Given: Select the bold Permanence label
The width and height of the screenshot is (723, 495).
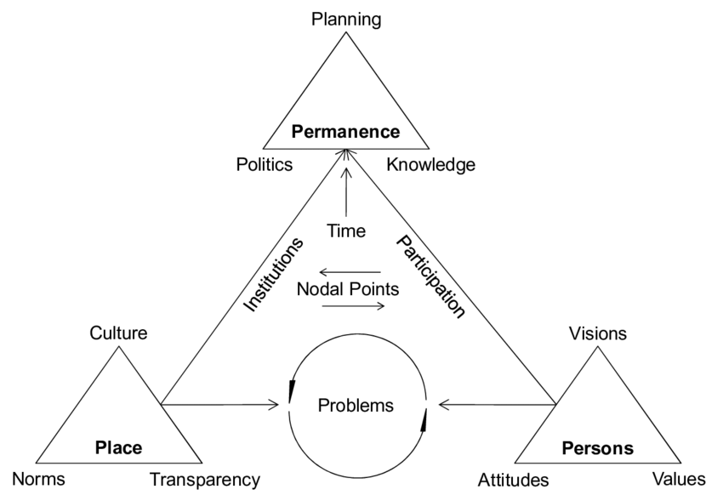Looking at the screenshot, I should pyautogui.click(x=345, y=132).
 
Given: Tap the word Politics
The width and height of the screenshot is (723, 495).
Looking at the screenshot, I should pyautogui.click(x=265, y=165).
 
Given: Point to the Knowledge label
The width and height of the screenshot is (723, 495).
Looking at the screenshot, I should pyautogui.click(x=431, y=165).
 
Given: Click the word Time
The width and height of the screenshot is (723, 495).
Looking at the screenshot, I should pyautogui.click(x=346, y=230).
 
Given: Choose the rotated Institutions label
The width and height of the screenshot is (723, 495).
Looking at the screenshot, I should pyautogui.click(x=274, y=275).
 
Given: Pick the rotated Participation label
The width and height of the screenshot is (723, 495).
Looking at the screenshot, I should pyautogui.click(x=430, y=277).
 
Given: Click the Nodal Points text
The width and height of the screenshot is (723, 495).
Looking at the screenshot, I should pyautogui.click(x=347, y=289).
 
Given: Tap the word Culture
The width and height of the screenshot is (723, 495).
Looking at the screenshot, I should pyautogui.click(x=118, y=333).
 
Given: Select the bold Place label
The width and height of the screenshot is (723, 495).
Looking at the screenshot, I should pyautogui.click(x=118, y=447).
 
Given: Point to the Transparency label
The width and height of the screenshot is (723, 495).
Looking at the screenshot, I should pyautogui.click(x=204, y=479).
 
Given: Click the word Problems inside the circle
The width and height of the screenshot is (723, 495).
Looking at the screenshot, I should pyautogui.click(x=356, y=405).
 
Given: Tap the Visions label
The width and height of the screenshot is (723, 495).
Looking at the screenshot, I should pyautogui.click(x=598, y=333).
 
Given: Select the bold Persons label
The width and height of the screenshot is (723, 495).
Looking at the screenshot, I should pyautogui.click(x=598, y=447).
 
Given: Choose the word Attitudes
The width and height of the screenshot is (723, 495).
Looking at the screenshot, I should pyautogui.click(x=513, y=480).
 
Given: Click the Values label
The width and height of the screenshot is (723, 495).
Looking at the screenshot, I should pyautogui.click(x=678, y=479).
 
